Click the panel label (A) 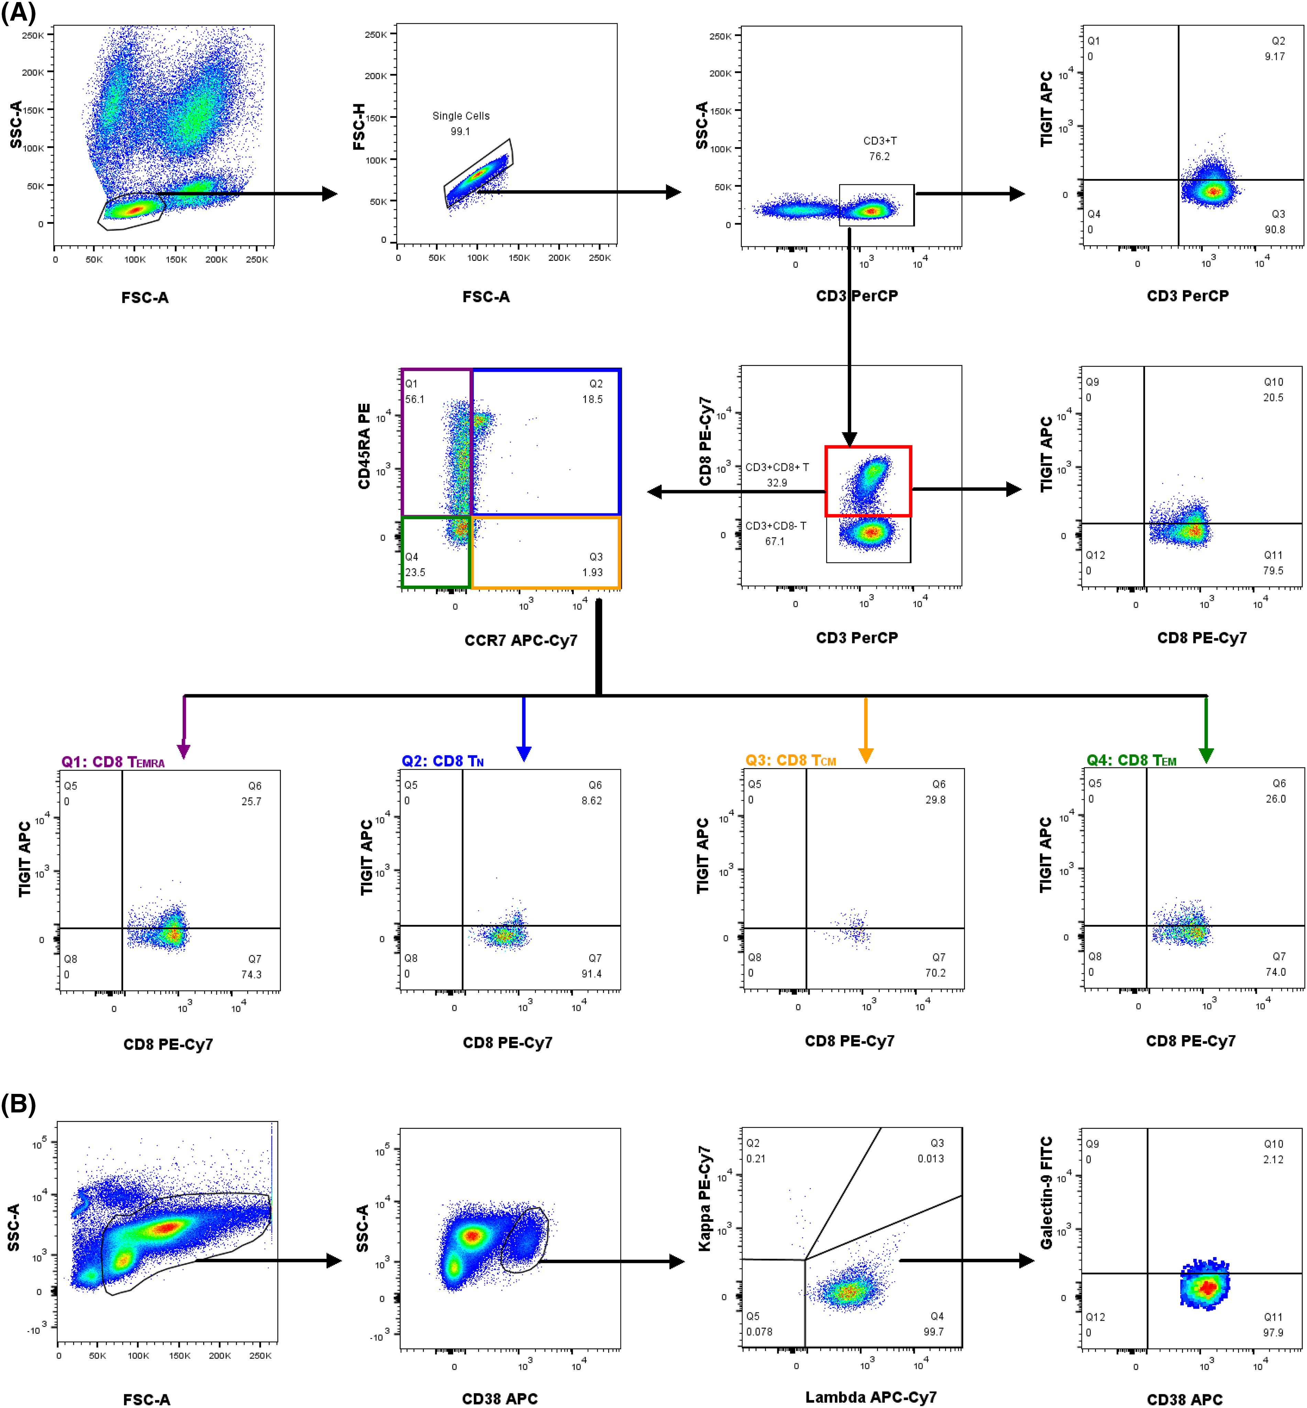coord(18,13)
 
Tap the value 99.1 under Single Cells coord(460,132)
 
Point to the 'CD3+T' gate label coord(879,141)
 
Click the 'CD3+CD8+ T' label coord(777,467)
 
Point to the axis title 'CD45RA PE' coord(364,446)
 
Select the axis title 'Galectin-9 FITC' coord(1046,1192)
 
